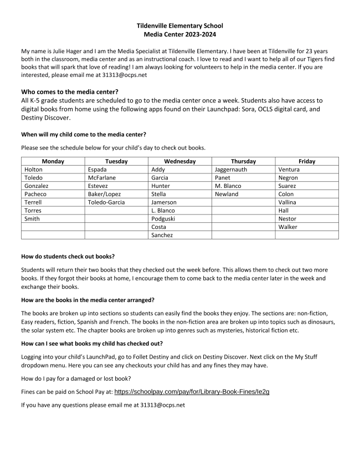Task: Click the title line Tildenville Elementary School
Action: [180, 25]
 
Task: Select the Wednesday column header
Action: [179, 161]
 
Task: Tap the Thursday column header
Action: [243, 161]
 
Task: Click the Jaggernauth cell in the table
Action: [232, 170]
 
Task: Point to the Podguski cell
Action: [164, 219]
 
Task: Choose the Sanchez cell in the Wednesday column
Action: [162, 235]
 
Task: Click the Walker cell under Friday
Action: [287, 227]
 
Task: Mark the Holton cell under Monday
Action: [33, 170]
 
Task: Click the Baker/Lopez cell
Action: [104, 194]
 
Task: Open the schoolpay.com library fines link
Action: [192, 391]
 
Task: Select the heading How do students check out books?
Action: [68, 256]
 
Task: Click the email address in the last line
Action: [162, 405]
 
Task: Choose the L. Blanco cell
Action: [163, 211]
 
